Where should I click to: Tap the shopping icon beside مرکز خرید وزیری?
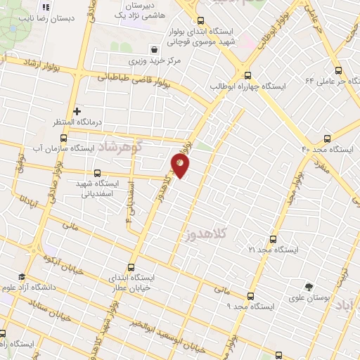(x=153, y=49)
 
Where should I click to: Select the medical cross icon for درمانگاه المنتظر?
(x=77, y=111)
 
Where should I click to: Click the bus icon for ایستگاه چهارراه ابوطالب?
(x=247, y=75)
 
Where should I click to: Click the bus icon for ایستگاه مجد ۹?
(x=251, y=296)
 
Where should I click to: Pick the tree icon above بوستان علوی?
(x=309, y=287)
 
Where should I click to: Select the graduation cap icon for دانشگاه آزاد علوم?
(x=21, y=276)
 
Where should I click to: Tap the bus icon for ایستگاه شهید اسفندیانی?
(x=97, y=172)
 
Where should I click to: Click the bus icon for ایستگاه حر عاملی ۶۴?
(x=338, y=70)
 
